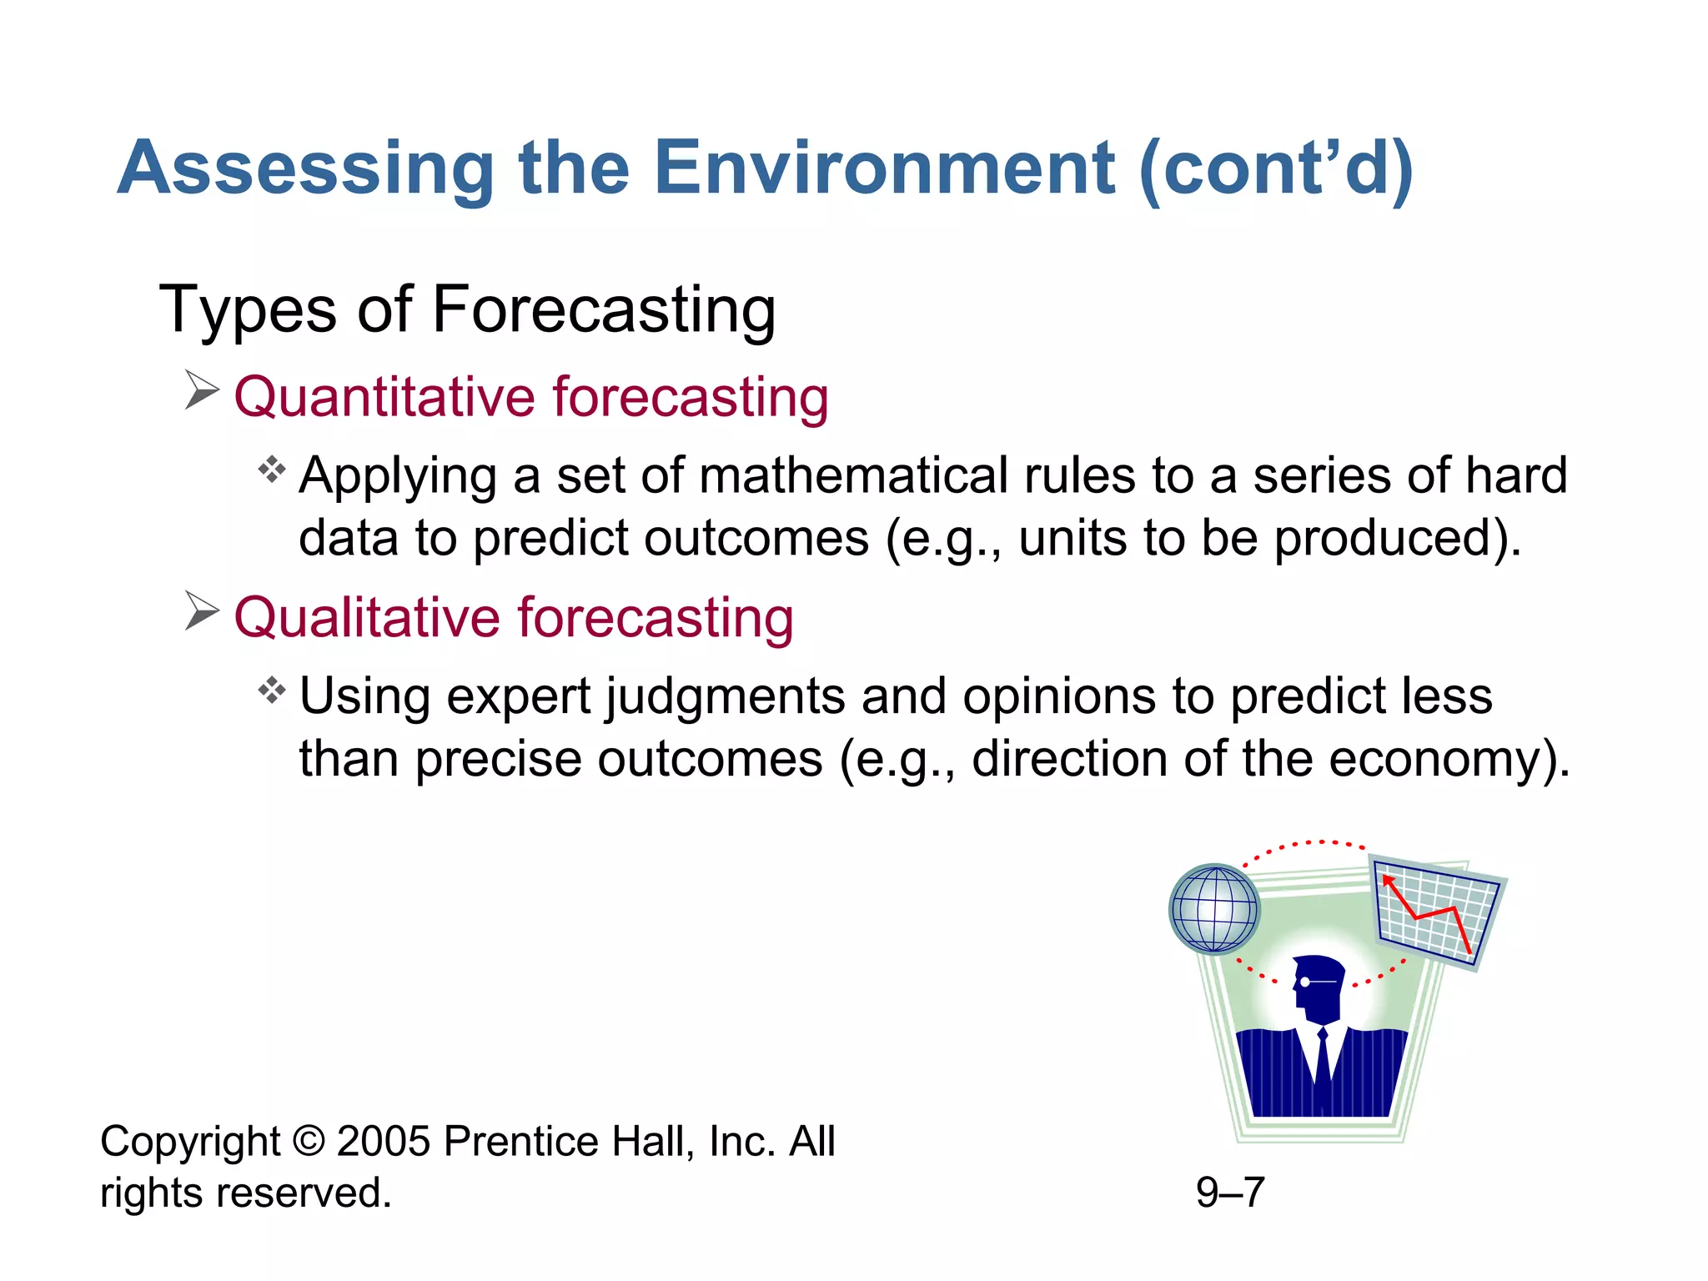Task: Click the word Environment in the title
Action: coord(884,168)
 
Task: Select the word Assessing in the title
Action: coord(306,168)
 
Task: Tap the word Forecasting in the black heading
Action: coord(604,310)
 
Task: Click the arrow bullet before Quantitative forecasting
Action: coord(202,390)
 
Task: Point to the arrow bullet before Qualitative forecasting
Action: coord(202,611)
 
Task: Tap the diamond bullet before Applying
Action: coord(272,470)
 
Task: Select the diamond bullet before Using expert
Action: coord(272,691)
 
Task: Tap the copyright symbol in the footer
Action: coord(309,1142)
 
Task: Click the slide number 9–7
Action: coord(1230,1193)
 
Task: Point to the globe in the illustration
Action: coord(1214,909)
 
